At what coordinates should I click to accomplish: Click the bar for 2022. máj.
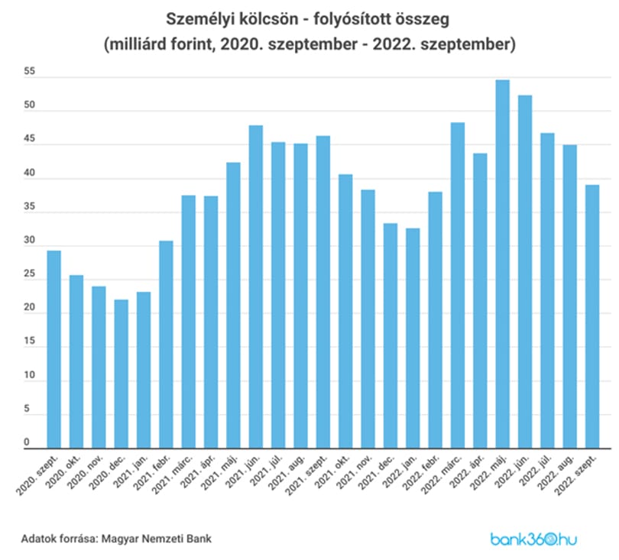pos(503,264)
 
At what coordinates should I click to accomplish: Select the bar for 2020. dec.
pos(122,374)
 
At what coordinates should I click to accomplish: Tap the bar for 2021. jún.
pos(256,287)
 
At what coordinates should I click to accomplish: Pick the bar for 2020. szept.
pos(54,350)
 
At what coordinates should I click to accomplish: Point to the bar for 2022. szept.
pos(592,316)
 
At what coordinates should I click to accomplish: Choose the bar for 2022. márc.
pos(458,285)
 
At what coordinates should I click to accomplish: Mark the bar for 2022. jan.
pos(413,338)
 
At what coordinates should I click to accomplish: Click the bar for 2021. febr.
pos(166,345)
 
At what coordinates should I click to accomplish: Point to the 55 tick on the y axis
pos(30,71)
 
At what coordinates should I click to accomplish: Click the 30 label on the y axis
pos(30,240)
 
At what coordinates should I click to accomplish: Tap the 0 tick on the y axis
pos(27,442)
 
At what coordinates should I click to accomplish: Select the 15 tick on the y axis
pos(30,341)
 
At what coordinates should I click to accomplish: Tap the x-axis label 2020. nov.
pos(85,473)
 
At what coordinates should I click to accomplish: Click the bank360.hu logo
pos(533,539)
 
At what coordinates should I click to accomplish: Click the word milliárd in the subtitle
pos(137,44)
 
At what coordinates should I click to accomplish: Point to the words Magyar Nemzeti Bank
pos(157,539)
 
